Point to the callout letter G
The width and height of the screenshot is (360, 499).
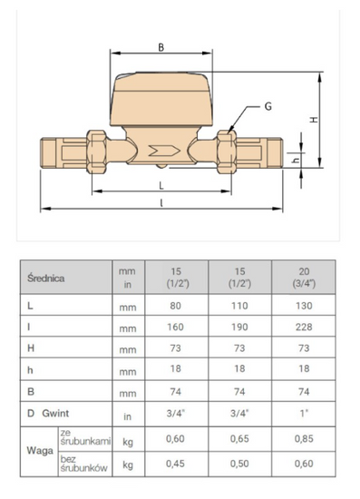[268, 107]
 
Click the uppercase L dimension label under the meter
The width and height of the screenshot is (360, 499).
[161, 184]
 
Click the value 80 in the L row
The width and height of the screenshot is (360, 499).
[177, 308]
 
